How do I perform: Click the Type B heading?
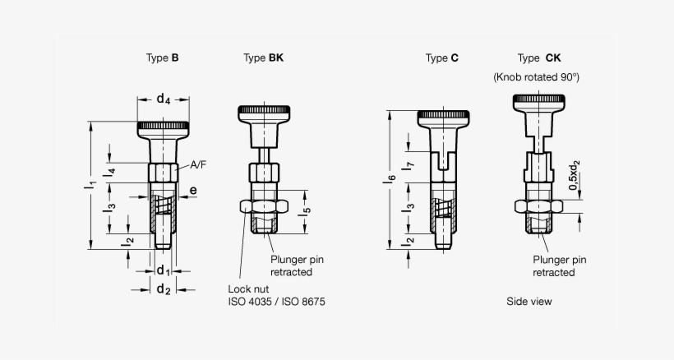point(162,58)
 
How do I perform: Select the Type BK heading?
point(264,58)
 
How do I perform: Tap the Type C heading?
point(441,58)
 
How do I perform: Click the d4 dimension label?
point(164,100)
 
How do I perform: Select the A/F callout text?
point(198,165)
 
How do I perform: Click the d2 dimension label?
point(163,289)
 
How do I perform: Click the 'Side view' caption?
point(529,302)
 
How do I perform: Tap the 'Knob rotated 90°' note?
point(536,77)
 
